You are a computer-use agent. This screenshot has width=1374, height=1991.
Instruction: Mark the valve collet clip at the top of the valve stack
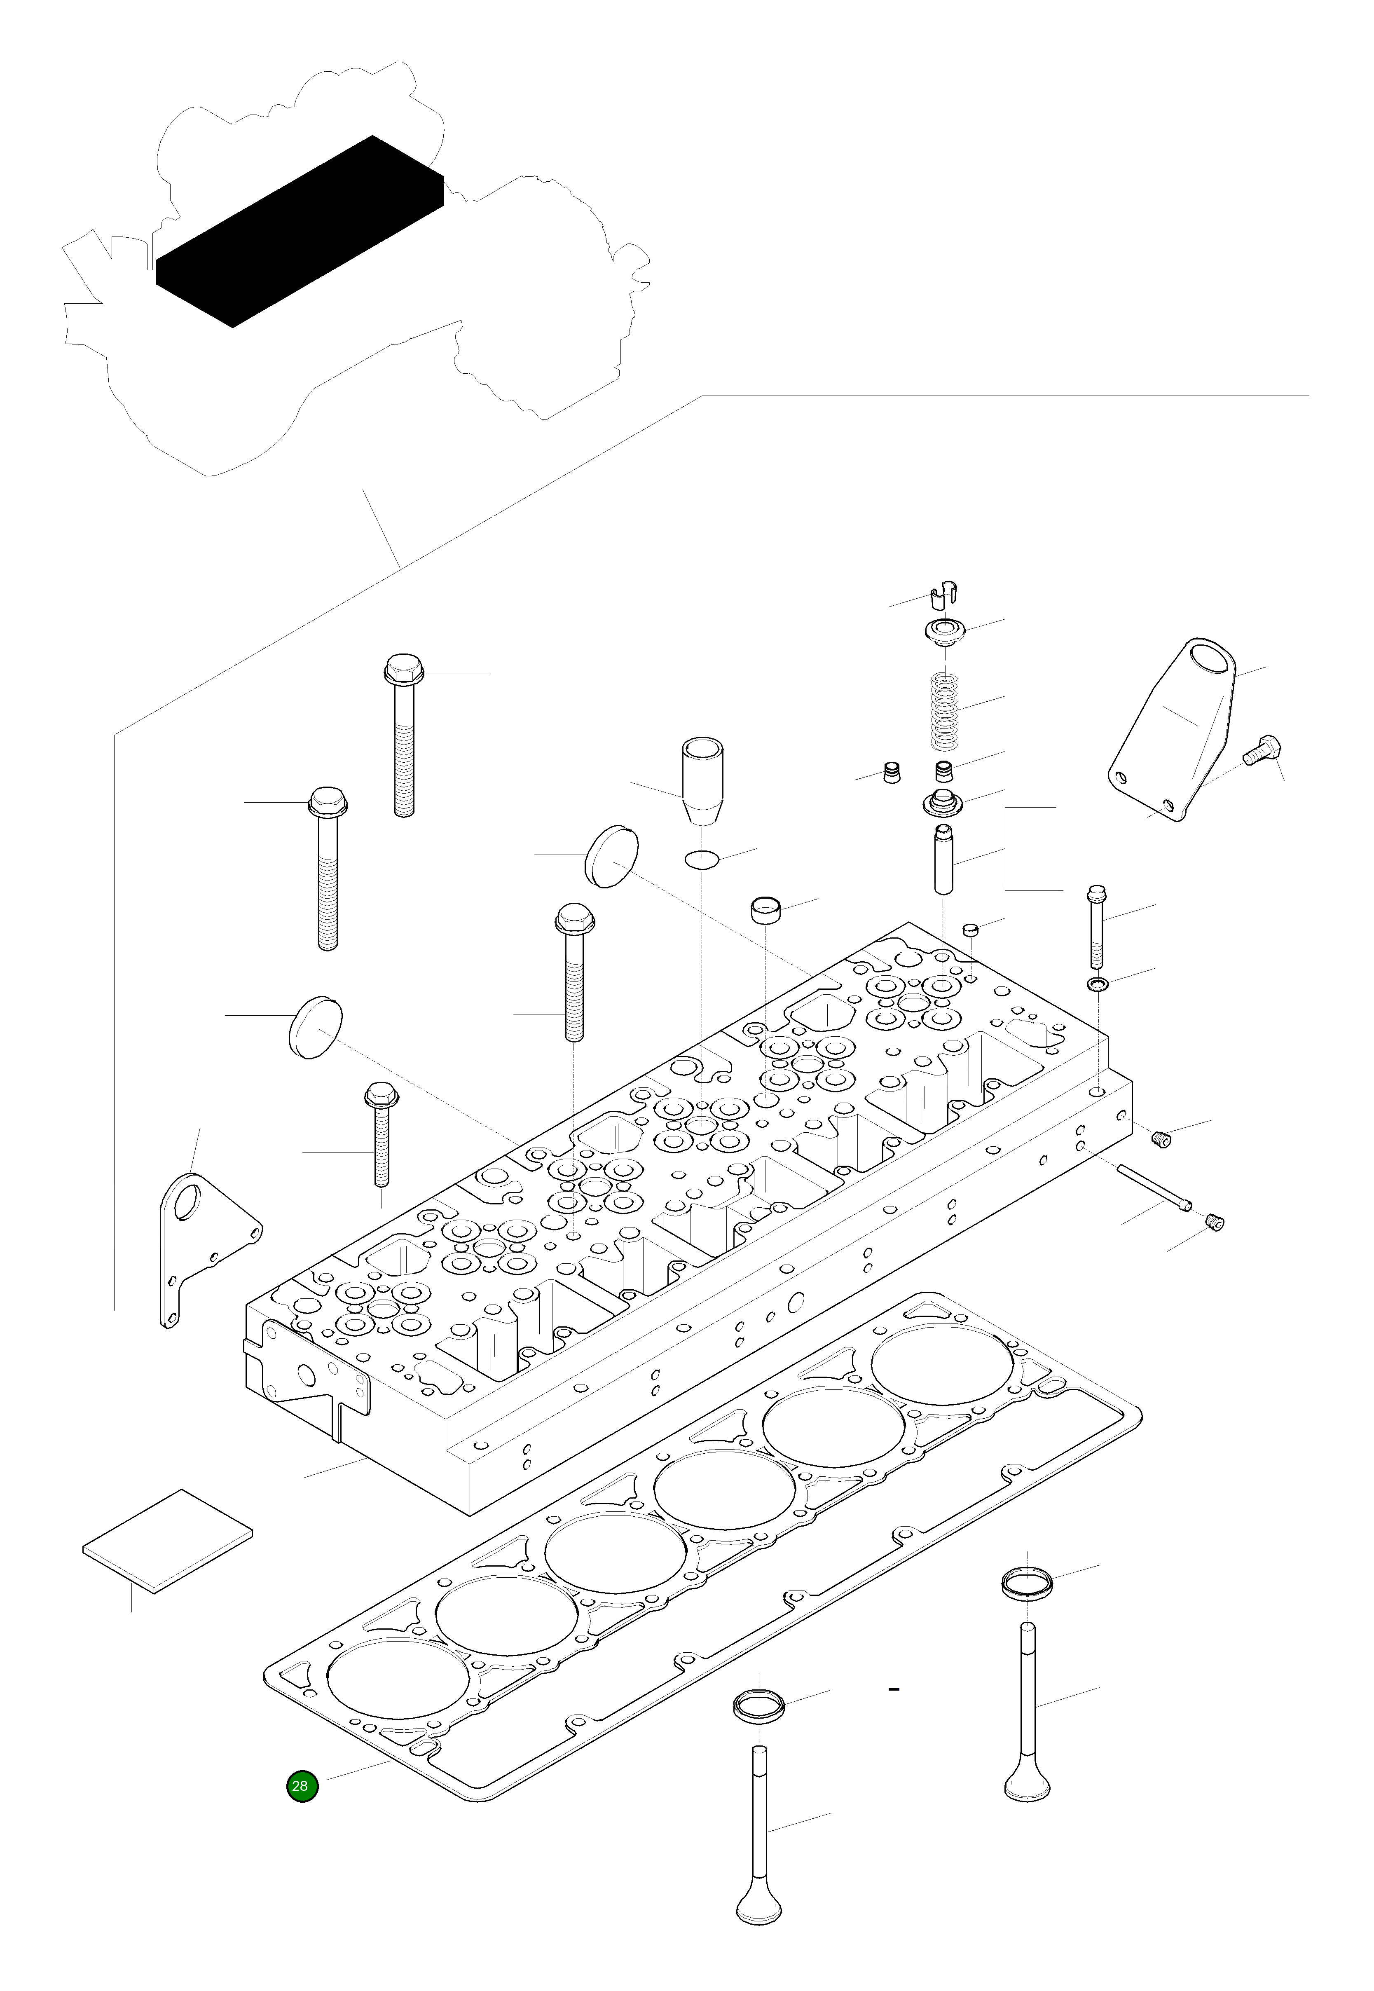click(945, 594)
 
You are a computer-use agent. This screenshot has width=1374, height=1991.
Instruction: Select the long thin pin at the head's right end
click(1154, 1185)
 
